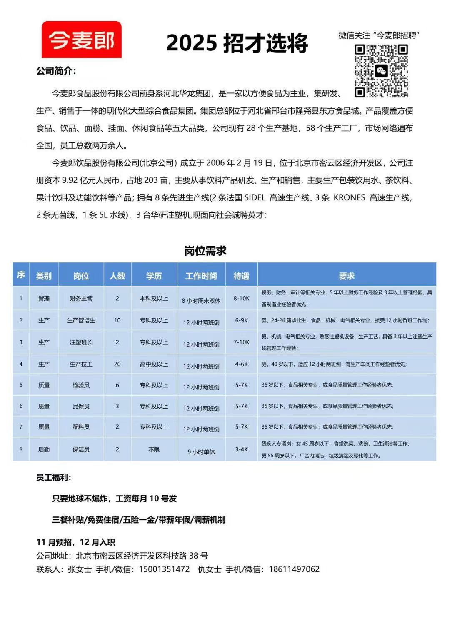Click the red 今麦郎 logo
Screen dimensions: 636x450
(82, 40)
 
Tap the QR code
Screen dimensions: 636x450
(381, 71)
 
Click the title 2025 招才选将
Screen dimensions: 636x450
(237, 43)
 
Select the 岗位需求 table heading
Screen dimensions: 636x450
(205, 251)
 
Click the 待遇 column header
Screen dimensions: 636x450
(241, 276)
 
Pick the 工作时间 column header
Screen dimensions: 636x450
(201, 276)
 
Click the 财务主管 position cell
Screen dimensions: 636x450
(81, 298)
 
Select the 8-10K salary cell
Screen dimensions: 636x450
(241, 298)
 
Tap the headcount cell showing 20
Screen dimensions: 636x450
(117, 364)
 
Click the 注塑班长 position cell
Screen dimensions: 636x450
(81, 342)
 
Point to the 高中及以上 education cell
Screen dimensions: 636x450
(154, 364)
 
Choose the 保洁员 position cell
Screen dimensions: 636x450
(81, 449)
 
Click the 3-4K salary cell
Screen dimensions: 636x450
(241, 449)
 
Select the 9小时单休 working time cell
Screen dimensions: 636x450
(201, 451)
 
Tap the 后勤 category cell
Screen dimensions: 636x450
(44, 449)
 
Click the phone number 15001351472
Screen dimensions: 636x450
(164, 569)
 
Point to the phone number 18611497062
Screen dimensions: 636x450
(294, 569)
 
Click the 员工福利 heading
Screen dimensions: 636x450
(53, 477)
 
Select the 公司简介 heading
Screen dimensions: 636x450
(56, 71)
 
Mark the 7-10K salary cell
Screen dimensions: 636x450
(241, 342)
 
